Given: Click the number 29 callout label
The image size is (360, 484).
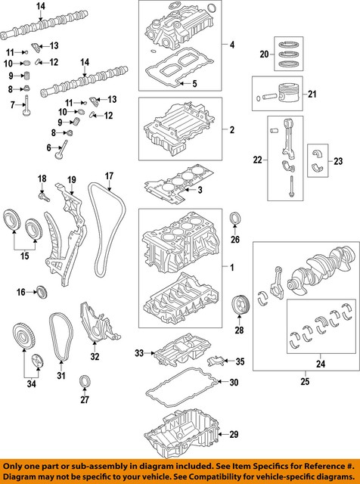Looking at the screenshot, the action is coord(234,435).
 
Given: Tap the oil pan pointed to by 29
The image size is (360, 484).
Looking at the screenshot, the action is coord(182,434).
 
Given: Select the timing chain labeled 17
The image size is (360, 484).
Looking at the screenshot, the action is coord(107,229).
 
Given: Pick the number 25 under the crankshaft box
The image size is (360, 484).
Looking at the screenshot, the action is coord(305,381).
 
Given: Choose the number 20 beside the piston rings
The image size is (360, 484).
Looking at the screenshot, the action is coord(264,54).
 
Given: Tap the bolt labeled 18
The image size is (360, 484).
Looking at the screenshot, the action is coord(44,197).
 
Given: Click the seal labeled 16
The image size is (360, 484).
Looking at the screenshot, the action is coord(42,292).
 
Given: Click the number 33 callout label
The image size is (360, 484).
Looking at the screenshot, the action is coord(139,353).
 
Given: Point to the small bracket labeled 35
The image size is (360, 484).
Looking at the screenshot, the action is coord(215,360).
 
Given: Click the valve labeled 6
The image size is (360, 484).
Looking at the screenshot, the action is coord(61,150).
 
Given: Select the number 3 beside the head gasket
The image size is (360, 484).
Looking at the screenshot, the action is coord(200,190).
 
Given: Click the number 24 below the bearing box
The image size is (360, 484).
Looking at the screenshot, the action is coord(321,365).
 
